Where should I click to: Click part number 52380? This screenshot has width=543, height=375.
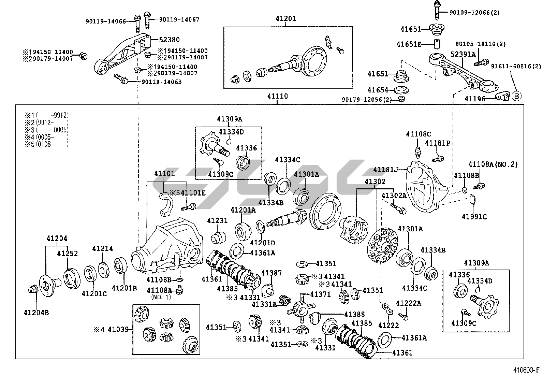pos(169,40)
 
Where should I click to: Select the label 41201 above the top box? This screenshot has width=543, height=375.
pos(286,19)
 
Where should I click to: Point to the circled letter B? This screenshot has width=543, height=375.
pos(516,97)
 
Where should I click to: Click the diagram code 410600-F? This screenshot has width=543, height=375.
pos(525,370)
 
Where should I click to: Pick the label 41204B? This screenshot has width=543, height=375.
pos(36,312)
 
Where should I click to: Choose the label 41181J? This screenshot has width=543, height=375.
pos(385,170)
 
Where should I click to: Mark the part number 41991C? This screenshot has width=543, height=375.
pos(474,217)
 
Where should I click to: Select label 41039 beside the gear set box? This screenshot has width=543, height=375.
pos(118,329)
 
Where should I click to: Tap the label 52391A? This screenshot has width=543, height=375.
pos(463,54)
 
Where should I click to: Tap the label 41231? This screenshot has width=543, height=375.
pos(217,221)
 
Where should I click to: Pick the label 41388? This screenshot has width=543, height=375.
pos(354,314)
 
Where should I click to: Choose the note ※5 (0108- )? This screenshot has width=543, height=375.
pos(47,144)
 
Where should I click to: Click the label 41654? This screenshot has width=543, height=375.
pos(378,90)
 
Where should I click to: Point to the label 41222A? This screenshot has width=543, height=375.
pos(408,303)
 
